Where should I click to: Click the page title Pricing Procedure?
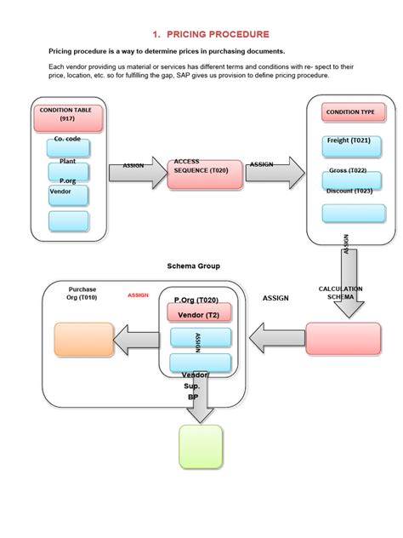210,34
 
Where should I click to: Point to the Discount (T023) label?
349,190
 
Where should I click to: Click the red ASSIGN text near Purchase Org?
138,295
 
